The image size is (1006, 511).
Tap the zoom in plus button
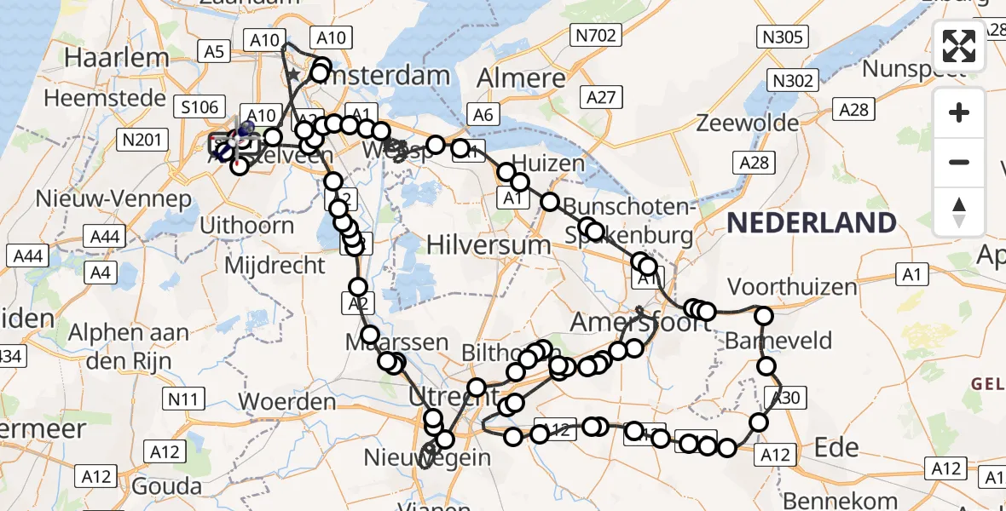point(959,112)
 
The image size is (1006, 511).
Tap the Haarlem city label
point(118,58)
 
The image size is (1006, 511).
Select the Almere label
point(521,78)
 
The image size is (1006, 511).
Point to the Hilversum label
point(489,244)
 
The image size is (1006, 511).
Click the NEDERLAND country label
point(811,223)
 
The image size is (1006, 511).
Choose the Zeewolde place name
point(738,123)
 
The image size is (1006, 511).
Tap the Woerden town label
point(287,400)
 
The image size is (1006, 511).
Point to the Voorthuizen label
point(793,286)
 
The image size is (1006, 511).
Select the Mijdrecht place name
point(275,265)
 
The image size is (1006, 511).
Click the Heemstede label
point(105,98)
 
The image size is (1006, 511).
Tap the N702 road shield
point(593,35)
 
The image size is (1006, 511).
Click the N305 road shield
point(780,36)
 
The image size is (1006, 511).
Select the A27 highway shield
point(600,97)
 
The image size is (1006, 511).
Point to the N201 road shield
point(137,139)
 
